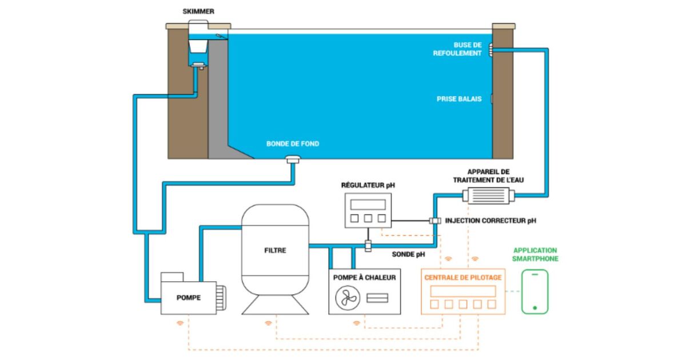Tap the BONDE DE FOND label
(x=293, y=143)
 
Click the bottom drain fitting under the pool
(x=293, y=159)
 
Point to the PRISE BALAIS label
(x=459, y=99)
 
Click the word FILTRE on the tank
(x=276, y=250)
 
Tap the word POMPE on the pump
(x=189, y=297)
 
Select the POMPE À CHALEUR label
(x=364, y=278)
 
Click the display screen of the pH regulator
(x=368, y=205)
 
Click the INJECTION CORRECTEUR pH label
(x=490, y=220)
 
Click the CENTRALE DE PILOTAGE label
(x=463, y=278)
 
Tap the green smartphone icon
(x=535, y=291)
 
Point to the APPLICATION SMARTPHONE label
(x=536, y=254)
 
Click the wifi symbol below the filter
(x=268, y=323)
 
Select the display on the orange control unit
(x=463, y=291)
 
